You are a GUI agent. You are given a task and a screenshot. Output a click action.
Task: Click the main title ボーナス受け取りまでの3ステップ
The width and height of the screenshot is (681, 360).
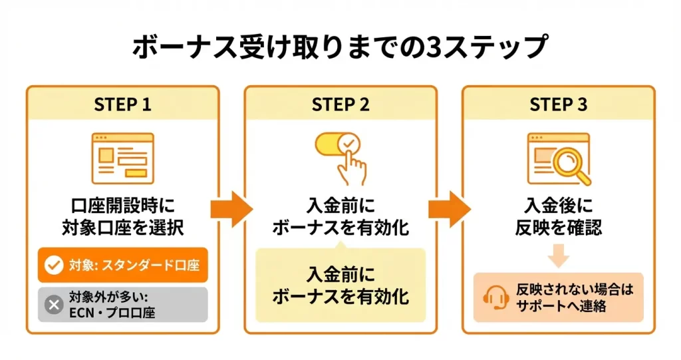point(340,48)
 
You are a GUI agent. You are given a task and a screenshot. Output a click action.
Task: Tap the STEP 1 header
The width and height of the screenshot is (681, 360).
point(122,104)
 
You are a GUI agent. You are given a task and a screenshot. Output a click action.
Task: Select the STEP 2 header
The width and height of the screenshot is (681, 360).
point(340,104)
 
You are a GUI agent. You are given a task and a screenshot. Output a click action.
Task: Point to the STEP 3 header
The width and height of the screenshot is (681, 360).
point(559,104)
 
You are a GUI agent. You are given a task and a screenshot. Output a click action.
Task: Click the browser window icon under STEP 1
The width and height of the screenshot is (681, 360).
point(122,158)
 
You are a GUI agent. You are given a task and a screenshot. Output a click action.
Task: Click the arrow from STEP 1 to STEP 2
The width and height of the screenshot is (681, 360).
point(231,208)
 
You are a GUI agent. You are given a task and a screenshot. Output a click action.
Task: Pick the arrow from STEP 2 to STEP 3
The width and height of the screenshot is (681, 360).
point(449,208)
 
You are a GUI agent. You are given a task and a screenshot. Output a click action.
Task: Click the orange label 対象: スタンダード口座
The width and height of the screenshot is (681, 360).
point(122,266)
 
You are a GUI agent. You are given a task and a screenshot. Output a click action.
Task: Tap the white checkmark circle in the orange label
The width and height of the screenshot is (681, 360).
point(53,266)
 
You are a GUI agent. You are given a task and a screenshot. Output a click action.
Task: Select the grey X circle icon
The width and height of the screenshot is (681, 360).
point(53,304)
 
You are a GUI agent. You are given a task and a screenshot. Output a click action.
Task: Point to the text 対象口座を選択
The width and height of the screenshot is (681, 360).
point(122,228)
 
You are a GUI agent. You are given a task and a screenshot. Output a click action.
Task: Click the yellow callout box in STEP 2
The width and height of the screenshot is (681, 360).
point(340,285)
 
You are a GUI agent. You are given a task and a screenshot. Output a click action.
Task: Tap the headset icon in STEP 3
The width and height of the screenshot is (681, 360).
point(496,297)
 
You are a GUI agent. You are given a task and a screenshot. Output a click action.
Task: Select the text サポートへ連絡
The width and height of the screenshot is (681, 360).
point(567,307)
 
